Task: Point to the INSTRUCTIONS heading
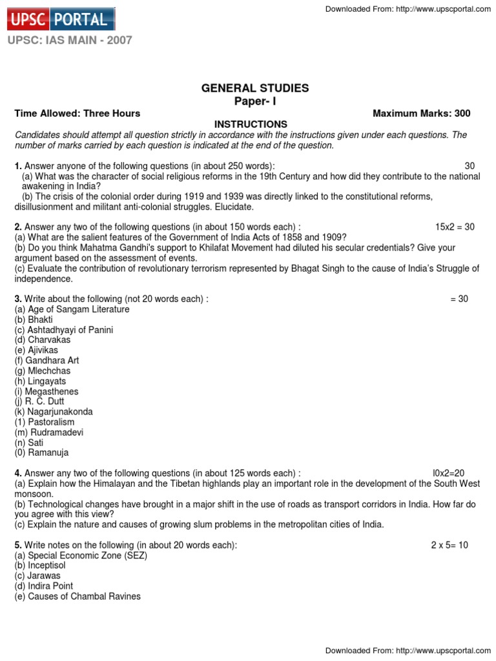tap(251, 124)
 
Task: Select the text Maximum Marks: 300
tap(422, 114)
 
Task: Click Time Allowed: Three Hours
tap(77, 114)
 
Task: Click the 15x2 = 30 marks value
tap(455, 227)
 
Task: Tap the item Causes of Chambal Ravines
tap(77, 596)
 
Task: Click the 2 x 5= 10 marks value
tap(449, 545)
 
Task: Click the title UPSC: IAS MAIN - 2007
tap(70, 40)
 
